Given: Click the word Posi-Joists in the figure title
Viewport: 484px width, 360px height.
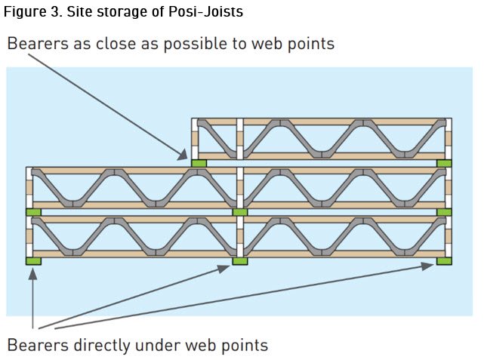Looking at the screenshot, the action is point(205,12).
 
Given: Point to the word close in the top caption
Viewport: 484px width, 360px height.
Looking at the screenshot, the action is point(116,43).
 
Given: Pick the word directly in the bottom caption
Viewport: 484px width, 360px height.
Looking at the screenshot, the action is point(101,346).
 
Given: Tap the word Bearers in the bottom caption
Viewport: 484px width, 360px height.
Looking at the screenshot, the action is point(38,346).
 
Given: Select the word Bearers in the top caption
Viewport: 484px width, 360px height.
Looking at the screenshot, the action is point(38,43).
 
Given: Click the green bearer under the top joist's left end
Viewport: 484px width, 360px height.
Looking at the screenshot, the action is point(199,163).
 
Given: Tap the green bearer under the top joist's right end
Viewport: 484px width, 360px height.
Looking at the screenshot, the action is point(445,163).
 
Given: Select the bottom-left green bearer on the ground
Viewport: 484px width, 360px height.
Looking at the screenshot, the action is point(33,261).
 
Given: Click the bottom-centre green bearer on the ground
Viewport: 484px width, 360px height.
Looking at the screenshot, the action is point(240,261).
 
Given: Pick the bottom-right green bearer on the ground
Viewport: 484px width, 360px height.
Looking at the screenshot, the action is point(444,261).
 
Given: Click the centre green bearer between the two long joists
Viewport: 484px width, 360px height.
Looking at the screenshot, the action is point(240,212).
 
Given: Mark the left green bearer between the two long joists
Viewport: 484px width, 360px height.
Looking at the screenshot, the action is point(33,212).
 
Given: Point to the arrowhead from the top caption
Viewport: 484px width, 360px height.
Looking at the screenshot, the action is point(183,155).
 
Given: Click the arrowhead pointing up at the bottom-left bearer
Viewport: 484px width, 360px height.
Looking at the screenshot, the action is point(32,274).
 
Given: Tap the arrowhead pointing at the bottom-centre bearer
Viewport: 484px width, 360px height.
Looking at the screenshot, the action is point(224,269).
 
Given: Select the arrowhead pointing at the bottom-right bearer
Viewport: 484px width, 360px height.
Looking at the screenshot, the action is point(427,266).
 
